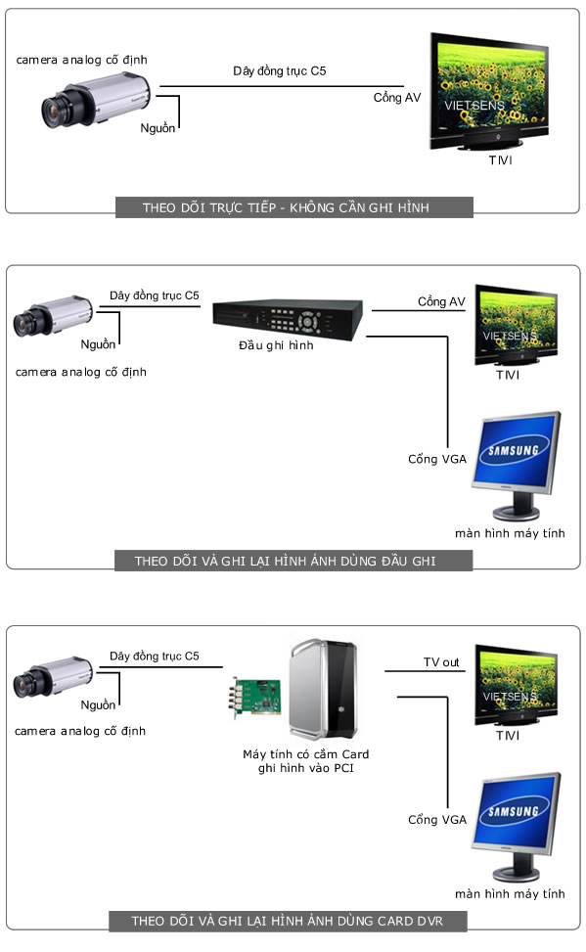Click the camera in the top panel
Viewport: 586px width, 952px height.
pyautogui.click(x=96, y=100)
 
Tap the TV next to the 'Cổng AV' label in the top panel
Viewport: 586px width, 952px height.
pyautogui.click(x=489, y=91)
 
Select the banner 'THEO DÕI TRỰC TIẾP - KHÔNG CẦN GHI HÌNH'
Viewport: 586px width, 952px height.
pyautogui.click(x=293, y=207)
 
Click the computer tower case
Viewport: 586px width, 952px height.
pyautogui.click(x=323, y=689)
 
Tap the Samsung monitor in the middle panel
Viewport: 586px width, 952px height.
pyautogui.click(x=516, y=466)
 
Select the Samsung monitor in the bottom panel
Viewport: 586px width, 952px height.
pyautogui.click(x=516, y=827)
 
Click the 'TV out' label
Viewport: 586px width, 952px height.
pyautogui.click(x=441, y=662)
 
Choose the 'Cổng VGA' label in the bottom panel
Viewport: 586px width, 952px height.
pyautogui.click(x=437, y=820)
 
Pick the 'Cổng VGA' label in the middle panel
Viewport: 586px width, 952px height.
pyautogui.click(x=437, y=459)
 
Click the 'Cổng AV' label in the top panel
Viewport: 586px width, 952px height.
pyautogui.click(x=397, y=97)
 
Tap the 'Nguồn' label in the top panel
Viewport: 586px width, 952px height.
pyautogui.click(x=158, y=128)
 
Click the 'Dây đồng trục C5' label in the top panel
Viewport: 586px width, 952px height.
pyautogui.click(x=280, y=71)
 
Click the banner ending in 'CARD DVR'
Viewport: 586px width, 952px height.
pyautogui.click(x=288, y=921)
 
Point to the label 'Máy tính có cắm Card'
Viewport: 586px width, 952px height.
pyautogui.click(x=305, y=754)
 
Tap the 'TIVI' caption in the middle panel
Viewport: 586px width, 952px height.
pyautogui.click(x=508, y=375)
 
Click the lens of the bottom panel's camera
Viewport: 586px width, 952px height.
pyautogui.click(x=23, y=686)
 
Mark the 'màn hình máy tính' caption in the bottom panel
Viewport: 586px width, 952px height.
pyautogui.click(x=510, y=893)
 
